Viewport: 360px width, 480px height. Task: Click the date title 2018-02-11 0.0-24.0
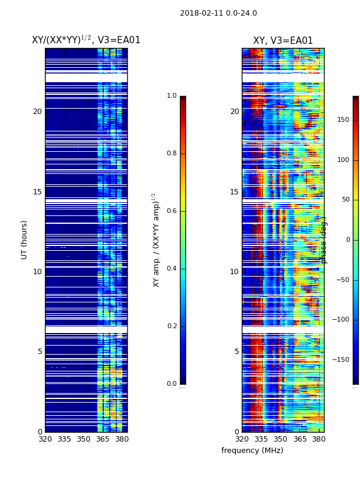tap(218, 13)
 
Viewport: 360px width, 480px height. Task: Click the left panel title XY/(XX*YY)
tap(86, 40)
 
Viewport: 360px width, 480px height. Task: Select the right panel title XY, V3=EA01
tap(283, 41)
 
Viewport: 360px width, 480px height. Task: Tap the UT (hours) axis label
tap(25, 239)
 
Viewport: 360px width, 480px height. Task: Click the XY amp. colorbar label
tap(156, 240)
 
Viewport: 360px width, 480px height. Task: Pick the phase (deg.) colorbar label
tap(324, 240)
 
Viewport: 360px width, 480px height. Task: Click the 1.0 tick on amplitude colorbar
tap(172, 96)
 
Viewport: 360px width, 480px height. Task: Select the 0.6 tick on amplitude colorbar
tap(172, 211)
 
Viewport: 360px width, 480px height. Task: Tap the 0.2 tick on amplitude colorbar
tap(172, 326)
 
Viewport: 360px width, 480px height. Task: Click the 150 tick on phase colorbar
tap(343, 120)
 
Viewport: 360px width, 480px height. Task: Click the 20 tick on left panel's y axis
tap(37, 112)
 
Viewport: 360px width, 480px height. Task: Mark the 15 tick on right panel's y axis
tap(234, 192)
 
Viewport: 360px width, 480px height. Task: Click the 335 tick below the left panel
tap(64, 439)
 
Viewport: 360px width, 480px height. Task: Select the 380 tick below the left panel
tap(122, 439)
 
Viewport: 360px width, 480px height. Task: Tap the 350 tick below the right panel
tap(280, 439)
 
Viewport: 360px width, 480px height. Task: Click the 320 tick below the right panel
tap(242, 439)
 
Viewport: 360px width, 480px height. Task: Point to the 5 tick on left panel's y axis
tap(40, 352)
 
